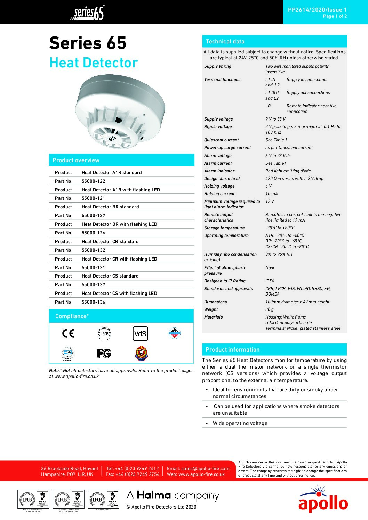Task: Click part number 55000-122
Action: coord(93,181)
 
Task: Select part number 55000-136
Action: coord(93,302)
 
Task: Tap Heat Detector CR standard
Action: coord(110,241)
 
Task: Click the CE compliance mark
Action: coord(68,333)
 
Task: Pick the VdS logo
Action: coord(140,333)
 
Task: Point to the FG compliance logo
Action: coord(104,354)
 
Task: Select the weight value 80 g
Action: coord(270,309)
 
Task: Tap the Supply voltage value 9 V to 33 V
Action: coord(275,119)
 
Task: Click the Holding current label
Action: coord(219,193)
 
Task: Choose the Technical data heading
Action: coord(225,41)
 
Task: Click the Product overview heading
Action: coord(76,160)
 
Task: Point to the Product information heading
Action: coord(232,349)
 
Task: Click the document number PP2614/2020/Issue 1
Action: coord(317,10)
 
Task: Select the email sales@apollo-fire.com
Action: coord(198,468)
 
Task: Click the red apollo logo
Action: coord(323,501)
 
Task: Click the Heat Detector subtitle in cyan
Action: coord(94,63)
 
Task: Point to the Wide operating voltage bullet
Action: coord(240,423)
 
